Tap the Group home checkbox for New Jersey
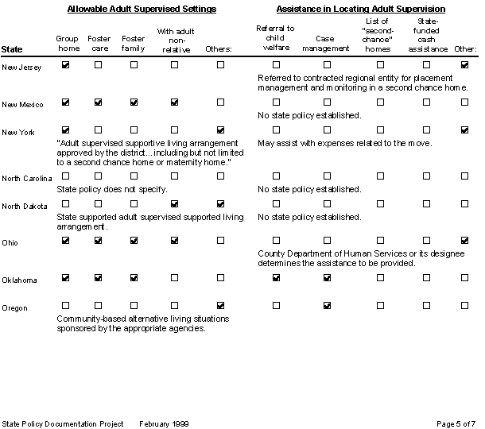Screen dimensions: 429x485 65,64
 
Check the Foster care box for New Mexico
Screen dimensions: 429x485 99,102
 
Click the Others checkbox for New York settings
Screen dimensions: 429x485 220,129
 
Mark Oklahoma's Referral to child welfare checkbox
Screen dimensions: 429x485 276,278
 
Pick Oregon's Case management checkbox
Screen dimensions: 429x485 327,305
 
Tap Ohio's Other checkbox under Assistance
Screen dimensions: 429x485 464,240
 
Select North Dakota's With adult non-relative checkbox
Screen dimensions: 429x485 174,204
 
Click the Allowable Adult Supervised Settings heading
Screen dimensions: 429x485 142,9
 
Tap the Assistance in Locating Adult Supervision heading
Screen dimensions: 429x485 360,9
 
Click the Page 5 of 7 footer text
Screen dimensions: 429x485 456,423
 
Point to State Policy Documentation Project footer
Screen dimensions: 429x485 63,423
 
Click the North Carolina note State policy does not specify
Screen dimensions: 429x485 111,190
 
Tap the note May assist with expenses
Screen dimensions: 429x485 345,143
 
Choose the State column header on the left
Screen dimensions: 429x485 12,49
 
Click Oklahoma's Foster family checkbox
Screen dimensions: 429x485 133,278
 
